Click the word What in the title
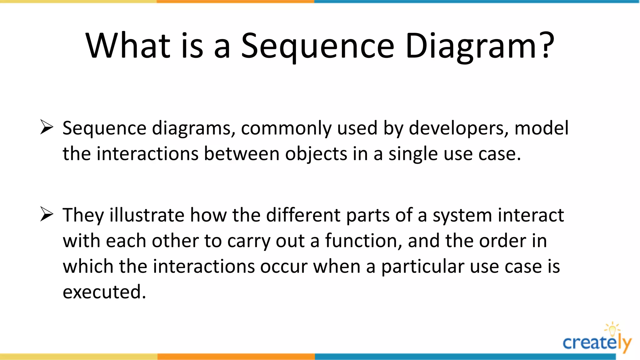(x=128, y=46)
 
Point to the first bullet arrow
(x=47, y=127)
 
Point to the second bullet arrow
(x=47, y=214)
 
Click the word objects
(x=316, y=154)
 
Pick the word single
(x=413, y=154)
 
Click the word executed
(x=104, y=292)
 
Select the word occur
(x=284, y=267)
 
